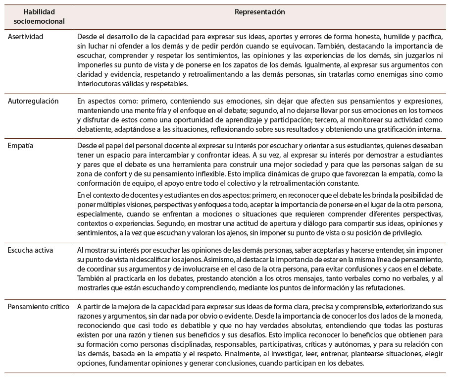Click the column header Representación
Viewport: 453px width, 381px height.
263,11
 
